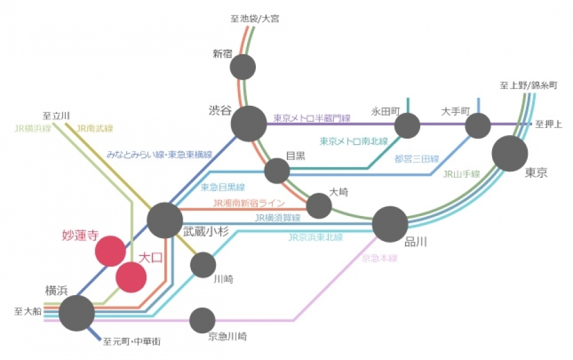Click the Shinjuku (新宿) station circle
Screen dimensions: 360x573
coord(243,67)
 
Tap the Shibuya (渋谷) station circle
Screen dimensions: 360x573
coord(248,123)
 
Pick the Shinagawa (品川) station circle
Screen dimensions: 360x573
coord(390,224)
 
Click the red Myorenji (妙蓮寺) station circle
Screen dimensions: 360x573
coord(110,251)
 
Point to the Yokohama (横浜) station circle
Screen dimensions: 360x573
coord(77,313)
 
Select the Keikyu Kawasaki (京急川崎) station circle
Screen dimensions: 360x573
coord(202,320)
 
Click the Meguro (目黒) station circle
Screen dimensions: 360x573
coord(277,171)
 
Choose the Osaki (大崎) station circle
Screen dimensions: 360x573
coord(319,206)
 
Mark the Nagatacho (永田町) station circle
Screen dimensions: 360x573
coord(407,125)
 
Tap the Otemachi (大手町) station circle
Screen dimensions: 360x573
coord(478,125)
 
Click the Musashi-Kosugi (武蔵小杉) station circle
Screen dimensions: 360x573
coord(165,220)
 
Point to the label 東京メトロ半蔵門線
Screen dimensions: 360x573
coord(312,118)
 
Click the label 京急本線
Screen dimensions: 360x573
coord(379,258)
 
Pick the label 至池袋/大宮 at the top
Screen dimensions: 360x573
coord(255,18)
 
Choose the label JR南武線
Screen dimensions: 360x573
coord(94,128)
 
